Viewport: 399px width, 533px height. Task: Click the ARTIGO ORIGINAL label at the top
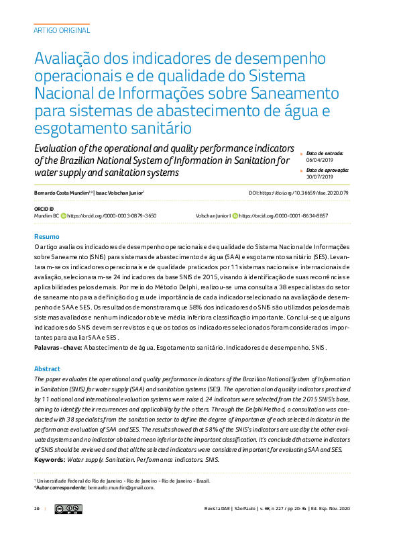pyautogui.click(x=61, y=30)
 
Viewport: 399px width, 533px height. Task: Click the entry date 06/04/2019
pyautogui.click(x=320, y=160)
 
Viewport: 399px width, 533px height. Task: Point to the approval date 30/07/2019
pyautogui.click(x=320, y=177)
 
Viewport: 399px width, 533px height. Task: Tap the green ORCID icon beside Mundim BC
pyautogui.click(x=64, y=216)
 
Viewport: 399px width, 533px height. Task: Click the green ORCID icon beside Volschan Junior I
pyautogui.click(x=235, y=216)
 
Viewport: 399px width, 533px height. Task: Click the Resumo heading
pyautogui.click(x=47, y=237)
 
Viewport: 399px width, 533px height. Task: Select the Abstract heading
pyautogui.click(x=47, y=369)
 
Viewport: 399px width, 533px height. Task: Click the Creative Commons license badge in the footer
pyautogui.click(x=68, y=510)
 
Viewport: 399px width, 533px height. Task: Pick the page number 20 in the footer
pyautogui.click(x=37, y=510)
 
